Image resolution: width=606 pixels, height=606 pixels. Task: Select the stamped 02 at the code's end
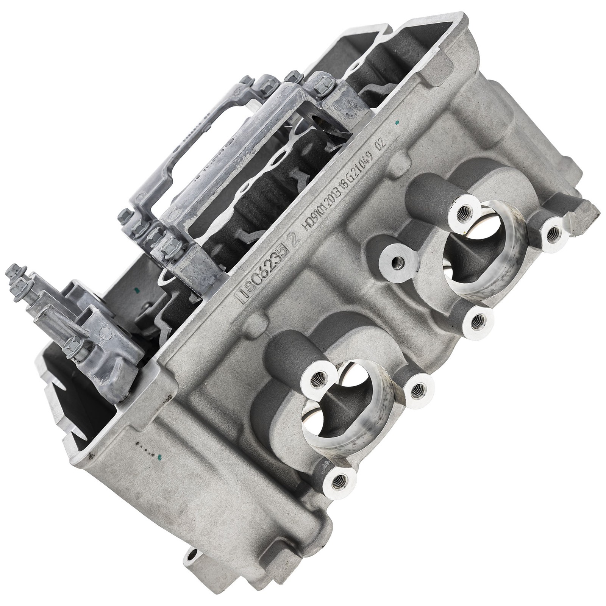(380, 145)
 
